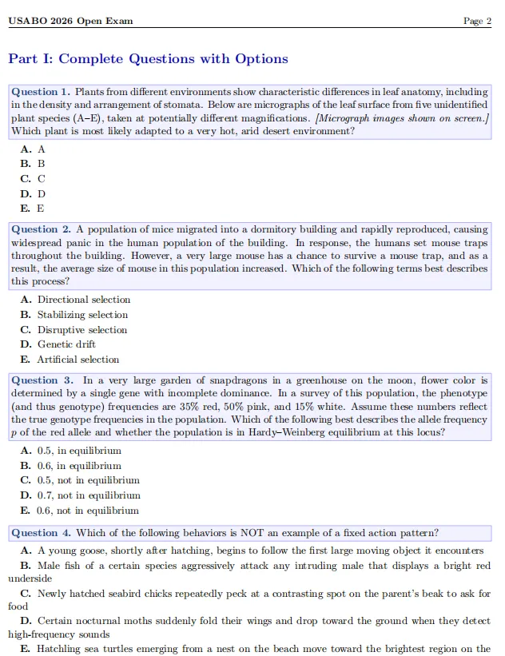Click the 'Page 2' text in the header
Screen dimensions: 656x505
477,21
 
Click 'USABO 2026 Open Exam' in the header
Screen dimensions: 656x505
70,21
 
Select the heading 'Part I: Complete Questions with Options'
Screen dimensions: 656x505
148,59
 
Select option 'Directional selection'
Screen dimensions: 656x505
83,300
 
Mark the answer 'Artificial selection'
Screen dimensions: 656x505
78,360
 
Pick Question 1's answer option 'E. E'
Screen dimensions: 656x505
33,209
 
